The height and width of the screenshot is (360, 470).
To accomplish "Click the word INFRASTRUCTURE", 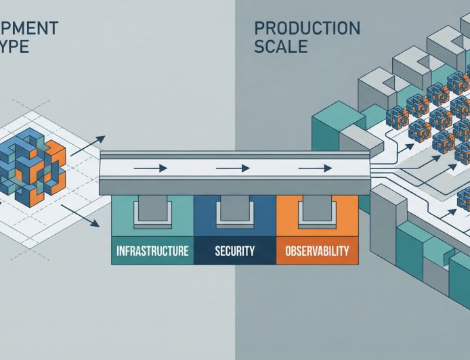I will click(152, 252).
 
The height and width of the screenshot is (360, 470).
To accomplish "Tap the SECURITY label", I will click(234, 252).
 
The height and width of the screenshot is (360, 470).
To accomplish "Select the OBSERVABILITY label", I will click(317, 252).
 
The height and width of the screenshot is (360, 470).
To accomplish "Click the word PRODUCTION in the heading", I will click(307, 28).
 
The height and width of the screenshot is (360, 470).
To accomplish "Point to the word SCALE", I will click(281, 47).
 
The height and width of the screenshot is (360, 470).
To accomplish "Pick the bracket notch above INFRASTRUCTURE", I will click(152, 211).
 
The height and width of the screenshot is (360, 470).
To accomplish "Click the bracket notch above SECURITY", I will click(234, 211).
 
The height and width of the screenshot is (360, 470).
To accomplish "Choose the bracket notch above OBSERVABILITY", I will click(317, 211).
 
